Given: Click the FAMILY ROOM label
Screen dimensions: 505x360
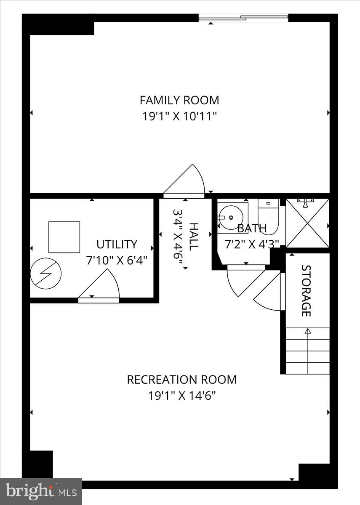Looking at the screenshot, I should [x=179, y=100].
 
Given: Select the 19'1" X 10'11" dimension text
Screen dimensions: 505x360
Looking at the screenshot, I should [x=179, y=116].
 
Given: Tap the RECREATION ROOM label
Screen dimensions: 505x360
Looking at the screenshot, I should [x=181, y=380].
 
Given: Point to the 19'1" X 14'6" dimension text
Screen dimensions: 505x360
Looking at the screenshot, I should [x=181, y=396].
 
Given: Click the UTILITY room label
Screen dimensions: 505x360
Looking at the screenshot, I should [x=117, y=245].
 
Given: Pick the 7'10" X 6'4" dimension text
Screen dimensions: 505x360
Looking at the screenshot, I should [x=117, y=260].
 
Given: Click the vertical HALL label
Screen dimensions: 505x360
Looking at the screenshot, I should [x=193, y=237].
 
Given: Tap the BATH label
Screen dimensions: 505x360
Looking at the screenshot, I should [x=252, y=229].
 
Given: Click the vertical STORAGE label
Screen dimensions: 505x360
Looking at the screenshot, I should [x=306, y=290].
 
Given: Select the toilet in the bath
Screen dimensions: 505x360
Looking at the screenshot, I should [x=268, y=216].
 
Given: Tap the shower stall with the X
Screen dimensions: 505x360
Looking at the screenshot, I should [x=307, y=223].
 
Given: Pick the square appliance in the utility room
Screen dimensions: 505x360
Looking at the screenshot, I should [x=64, y=237].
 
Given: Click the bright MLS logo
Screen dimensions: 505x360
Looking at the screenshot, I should [x=41, y=491].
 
